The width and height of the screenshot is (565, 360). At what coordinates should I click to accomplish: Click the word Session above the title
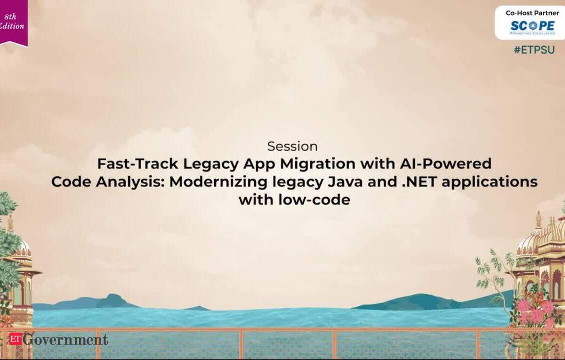pos(292,146)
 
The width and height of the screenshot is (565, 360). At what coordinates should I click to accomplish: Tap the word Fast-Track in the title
pos(137,164)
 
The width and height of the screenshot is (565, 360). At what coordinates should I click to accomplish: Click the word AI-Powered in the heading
pos(445,164)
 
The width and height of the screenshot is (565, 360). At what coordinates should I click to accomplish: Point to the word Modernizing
pos(218,183)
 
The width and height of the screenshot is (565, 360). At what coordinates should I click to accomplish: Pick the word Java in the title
pos(345,182)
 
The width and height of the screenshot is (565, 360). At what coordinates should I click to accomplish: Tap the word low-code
pos(315,200)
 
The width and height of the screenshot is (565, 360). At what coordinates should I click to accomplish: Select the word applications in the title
pos(490,183)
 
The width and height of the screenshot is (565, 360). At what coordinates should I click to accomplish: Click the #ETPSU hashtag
pos(534,50)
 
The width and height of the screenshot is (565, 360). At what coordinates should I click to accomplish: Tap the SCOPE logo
pos(533,27)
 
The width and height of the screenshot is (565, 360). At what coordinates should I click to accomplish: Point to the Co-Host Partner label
pos(533,13)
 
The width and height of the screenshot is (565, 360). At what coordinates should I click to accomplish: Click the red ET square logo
pos(16,338)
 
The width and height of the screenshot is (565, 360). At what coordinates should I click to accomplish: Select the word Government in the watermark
pos(65,339)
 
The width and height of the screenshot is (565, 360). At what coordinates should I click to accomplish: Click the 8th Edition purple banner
pos(13,23)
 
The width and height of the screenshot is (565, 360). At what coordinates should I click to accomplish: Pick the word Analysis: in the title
pos(130,183)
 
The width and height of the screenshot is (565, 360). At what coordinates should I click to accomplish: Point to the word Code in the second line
pos(71,182)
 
